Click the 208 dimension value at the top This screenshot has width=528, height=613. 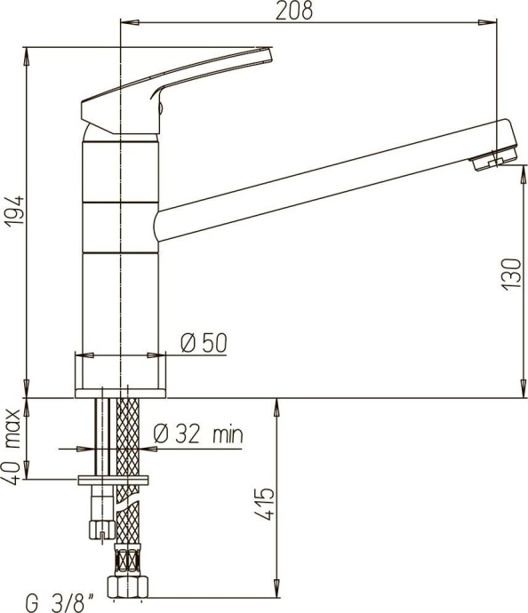(x=293, y=11)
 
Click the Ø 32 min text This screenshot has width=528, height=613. (x=197, y=435)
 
